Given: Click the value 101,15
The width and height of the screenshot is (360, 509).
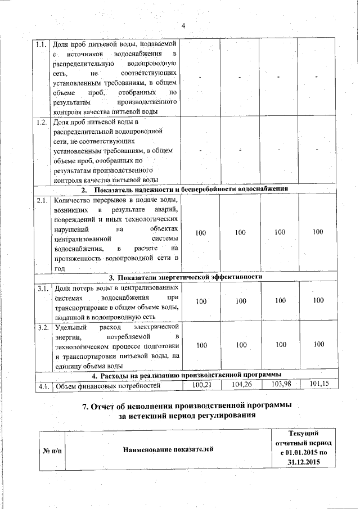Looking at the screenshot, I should click(x=318, y=385).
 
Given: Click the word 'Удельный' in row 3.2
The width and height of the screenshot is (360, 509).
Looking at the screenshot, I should click(x=70, y=327).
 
